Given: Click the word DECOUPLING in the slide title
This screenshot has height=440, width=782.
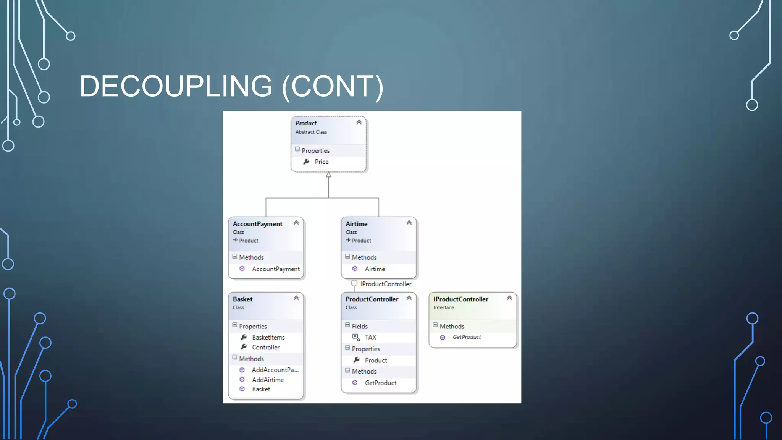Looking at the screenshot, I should point(176,86).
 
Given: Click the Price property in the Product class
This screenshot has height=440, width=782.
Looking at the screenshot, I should point(321,162).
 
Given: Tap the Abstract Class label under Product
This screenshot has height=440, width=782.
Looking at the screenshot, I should point(311,132).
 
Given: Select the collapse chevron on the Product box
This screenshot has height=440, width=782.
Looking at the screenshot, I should point(359,123).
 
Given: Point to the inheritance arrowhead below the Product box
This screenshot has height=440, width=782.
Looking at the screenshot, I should point(328,175).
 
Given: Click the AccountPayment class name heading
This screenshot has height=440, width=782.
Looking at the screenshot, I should point(257,224).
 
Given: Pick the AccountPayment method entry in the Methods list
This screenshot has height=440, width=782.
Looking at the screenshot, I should point(275,269).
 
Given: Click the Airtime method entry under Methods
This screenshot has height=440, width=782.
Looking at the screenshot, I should point(375,269).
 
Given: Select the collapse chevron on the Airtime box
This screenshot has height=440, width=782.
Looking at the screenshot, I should point(409,223).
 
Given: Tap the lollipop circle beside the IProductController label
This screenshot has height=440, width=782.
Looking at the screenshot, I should point(354,283).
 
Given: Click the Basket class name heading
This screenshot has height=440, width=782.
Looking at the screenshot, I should point(243,299).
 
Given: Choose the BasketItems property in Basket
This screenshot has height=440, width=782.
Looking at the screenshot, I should point(268,338).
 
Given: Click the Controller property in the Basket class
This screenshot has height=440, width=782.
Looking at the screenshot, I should point(265,348).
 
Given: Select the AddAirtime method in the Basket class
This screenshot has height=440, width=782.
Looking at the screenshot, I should point(267,380).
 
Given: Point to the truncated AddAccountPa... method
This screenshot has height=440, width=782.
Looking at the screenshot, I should point(275,370).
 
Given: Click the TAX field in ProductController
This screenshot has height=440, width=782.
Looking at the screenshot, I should point(370,338).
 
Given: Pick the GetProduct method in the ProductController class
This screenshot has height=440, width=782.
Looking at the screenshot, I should point(380,383).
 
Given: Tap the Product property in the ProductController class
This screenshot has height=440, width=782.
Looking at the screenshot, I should point(376,361).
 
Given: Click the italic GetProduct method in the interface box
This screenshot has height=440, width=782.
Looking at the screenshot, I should point(467,337).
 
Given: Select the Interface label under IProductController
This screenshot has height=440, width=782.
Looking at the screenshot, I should point(444,308).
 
